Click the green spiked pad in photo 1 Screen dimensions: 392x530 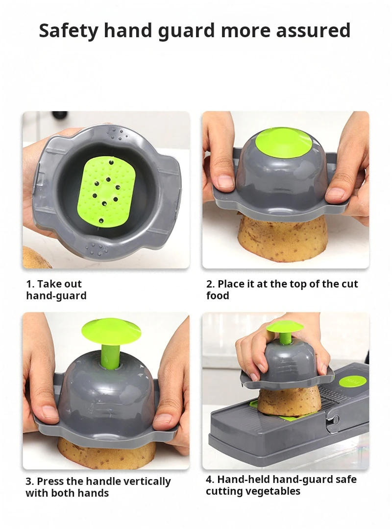[x=106, y=192]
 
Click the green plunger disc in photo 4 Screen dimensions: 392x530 [x=285, y=327]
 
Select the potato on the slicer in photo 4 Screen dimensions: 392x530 [x=289, y=401]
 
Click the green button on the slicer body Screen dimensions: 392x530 [x=353, y=381]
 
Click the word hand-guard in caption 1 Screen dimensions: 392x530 [x=56, y=296]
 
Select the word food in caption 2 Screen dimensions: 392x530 [x=218, y=296]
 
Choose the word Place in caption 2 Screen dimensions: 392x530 [x=230, y=284]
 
